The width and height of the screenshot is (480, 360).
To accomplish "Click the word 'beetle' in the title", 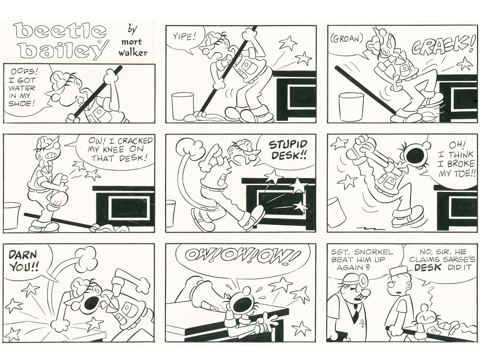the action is tap(60, 32).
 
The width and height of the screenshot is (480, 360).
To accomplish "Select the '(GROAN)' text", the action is tap(347, 39).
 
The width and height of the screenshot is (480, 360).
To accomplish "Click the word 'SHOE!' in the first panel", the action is tap(22, 103).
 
